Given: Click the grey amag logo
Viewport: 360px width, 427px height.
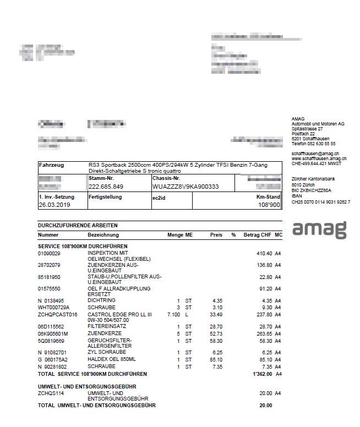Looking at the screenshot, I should point(319,228).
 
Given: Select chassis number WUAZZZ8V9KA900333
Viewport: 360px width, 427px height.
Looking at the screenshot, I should point(186,187).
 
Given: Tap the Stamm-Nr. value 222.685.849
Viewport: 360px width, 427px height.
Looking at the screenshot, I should point(106,187).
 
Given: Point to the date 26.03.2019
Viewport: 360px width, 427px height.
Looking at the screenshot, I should point(54,205).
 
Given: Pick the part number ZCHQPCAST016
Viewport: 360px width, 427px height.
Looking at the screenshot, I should point(57,314).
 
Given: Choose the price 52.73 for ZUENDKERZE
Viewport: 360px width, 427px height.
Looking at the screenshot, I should point(216,333).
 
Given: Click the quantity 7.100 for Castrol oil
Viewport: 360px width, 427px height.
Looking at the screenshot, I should point(173,314).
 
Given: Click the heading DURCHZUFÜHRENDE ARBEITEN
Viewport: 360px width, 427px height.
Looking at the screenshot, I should point(77,226).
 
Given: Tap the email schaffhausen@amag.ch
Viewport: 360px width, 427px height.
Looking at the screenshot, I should point(315,154).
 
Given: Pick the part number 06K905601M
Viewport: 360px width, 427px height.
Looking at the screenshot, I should point(53,333).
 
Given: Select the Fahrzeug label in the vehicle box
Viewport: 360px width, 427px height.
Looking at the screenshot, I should point(51,165).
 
